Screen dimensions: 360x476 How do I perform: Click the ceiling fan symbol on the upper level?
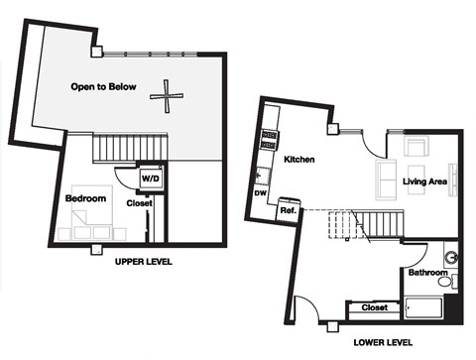pos(167,96)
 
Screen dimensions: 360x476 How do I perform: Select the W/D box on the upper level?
pos(152,179)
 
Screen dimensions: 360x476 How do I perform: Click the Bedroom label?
pos(85,199)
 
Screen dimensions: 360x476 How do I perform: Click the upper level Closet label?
pos(139,203)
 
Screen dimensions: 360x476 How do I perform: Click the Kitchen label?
pos(299,159)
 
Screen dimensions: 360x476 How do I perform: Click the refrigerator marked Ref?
pos(290,210)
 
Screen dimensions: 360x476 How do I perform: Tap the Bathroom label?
pos(427,272)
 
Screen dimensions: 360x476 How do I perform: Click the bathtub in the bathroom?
pos(426,308)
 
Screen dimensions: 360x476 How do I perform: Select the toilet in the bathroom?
pos(445,282)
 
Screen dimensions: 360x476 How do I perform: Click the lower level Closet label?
pos(374,308)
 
